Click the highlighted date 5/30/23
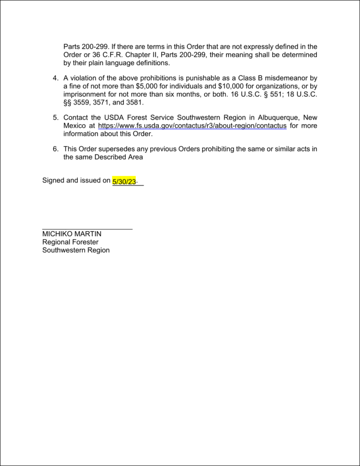124,181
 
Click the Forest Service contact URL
192,126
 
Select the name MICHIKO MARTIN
72,234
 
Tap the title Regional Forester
70,242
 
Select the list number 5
55,117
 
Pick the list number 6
55,149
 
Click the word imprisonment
85,94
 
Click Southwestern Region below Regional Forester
76,250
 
